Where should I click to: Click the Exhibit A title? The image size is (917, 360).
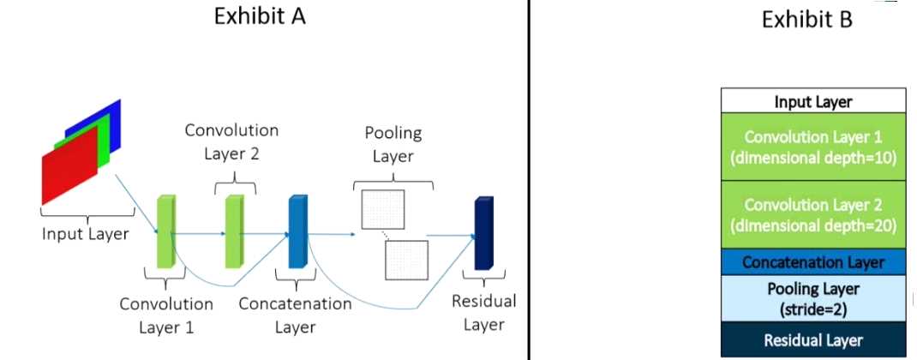tap(260, 17)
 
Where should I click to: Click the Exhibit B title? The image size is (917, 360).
tap(806, 20)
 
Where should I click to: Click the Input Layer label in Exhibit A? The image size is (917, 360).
tap(85, 232)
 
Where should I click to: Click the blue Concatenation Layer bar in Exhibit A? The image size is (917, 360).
tap(297, 231)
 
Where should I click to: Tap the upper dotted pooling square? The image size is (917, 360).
tap(382, 209)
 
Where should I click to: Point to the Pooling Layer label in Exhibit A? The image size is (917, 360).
tap(393, 144)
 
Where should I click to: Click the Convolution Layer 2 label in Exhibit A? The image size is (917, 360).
tap(231, 142)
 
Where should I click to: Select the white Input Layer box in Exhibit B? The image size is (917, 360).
tap(813, 102)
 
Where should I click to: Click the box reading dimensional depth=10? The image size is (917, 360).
tap(813, 147)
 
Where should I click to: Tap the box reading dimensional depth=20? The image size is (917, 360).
tap(813, 215)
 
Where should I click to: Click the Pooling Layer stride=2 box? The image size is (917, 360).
tap(813, 297)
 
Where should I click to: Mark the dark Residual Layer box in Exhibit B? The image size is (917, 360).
tap(813, 339)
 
